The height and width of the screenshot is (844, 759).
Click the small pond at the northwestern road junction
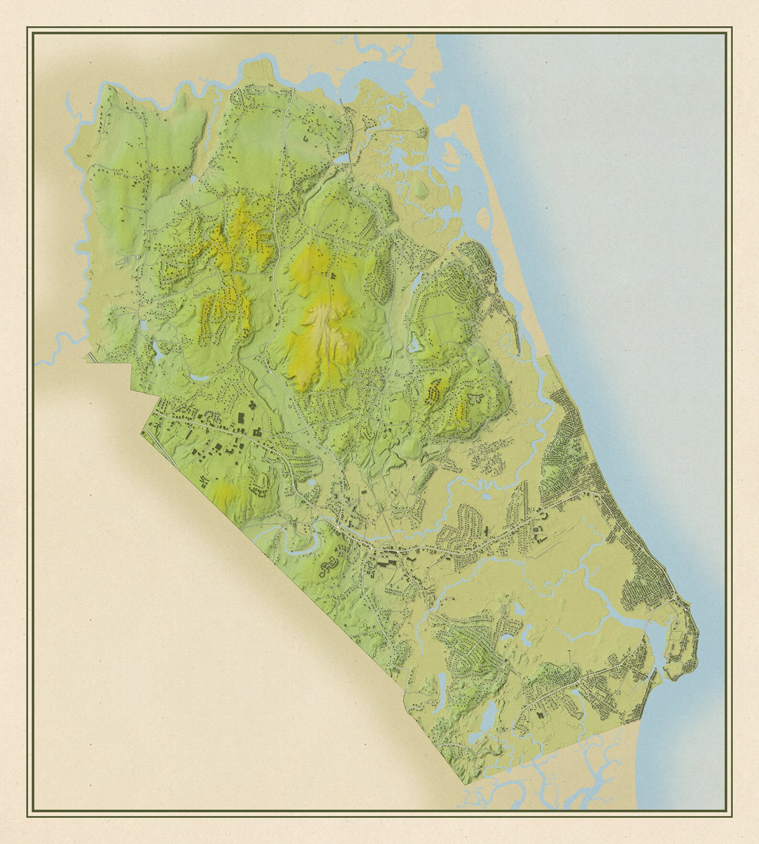click(x=193, y=179)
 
